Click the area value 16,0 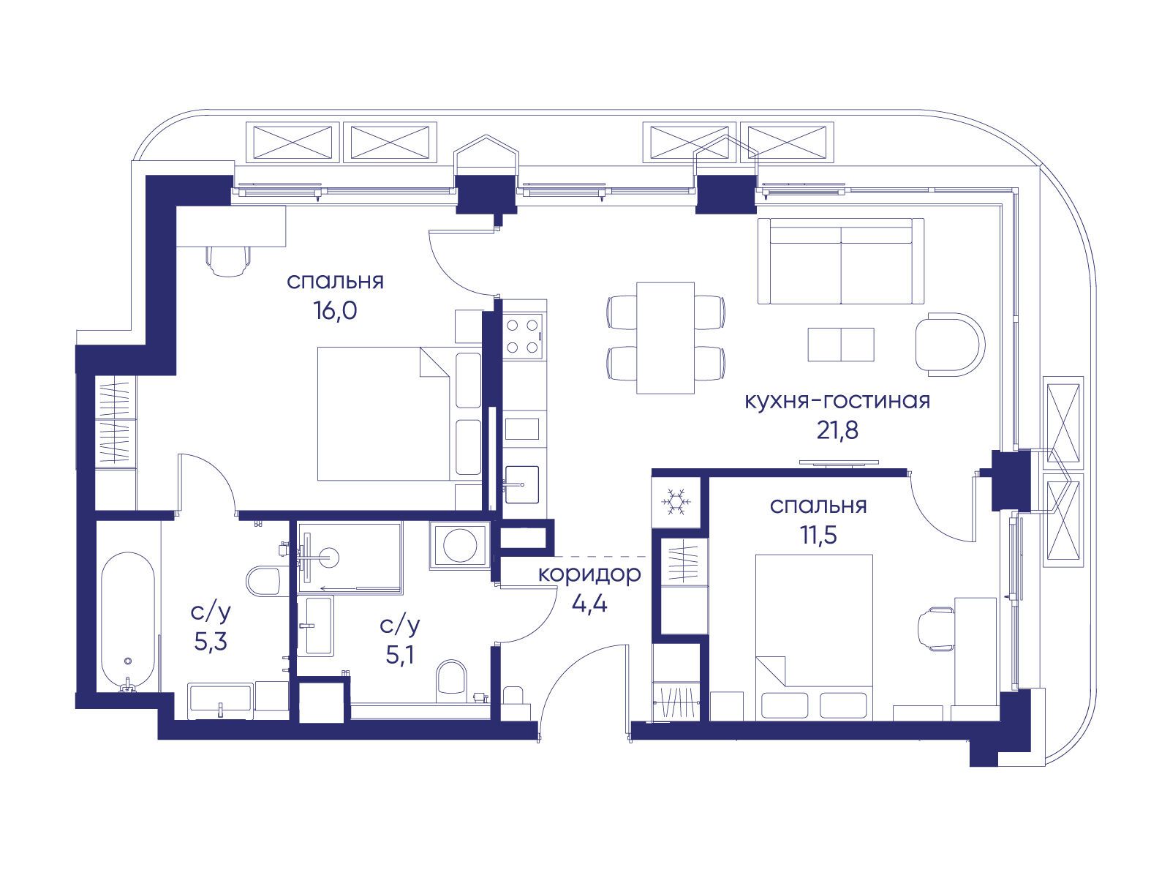335,310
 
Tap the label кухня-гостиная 837,400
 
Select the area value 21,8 837,429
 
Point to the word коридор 589,575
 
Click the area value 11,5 818,535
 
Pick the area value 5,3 211,642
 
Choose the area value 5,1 400,655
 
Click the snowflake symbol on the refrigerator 676,502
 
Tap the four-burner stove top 523,337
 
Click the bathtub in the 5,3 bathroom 128,622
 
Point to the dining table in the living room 665,338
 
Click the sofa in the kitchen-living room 841,261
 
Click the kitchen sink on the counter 522,484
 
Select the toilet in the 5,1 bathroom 451,682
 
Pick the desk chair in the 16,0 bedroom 229,260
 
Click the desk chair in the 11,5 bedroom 935,629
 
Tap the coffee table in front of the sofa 841,345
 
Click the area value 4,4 589,604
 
